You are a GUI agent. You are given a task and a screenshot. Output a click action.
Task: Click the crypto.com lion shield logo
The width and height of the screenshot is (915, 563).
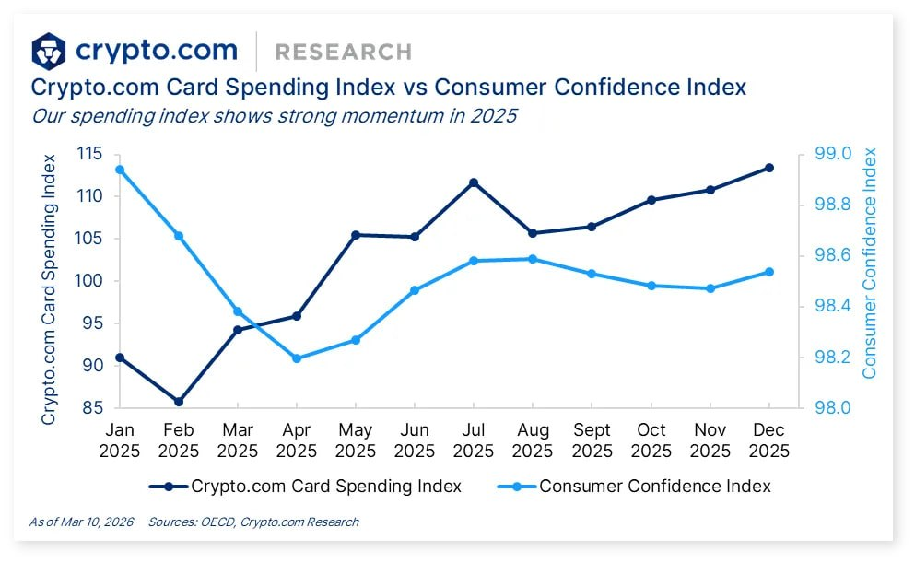pos(49,52)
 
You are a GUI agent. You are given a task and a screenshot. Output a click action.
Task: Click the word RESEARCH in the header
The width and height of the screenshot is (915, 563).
pos(343,52)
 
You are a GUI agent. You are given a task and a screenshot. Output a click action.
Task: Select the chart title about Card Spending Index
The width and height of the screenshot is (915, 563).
pos(388,88)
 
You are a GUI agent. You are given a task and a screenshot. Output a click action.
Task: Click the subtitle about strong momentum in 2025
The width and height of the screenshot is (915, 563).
pos(274,116)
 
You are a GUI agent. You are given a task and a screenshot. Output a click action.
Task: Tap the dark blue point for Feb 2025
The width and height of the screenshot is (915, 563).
pos(179,402)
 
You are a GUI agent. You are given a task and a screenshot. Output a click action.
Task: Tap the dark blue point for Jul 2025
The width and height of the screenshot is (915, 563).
pos(474,182)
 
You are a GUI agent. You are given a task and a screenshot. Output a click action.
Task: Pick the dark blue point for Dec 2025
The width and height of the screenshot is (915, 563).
pos(769,168)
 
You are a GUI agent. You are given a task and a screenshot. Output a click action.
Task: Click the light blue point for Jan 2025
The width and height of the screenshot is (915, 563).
pos(120,170)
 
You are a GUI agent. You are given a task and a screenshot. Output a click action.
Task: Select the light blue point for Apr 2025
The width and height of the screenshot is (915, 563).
pos(297,358)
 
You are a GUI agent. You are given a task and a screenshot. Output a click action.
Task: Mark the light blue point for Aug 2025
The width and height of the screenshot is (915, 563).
pos(533,259)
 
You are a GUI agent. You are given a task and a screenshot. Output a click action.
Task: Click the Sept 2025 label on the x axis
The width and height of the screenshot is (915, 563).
pos(592,440)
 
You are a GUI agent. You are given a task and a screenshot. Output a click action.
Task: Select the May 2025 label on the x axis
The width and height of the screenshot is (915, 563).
pos(356,440)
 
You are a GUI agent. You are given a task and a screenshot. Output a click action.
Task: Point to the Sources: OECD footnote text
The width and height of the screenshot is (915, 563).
pos(253,522)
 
